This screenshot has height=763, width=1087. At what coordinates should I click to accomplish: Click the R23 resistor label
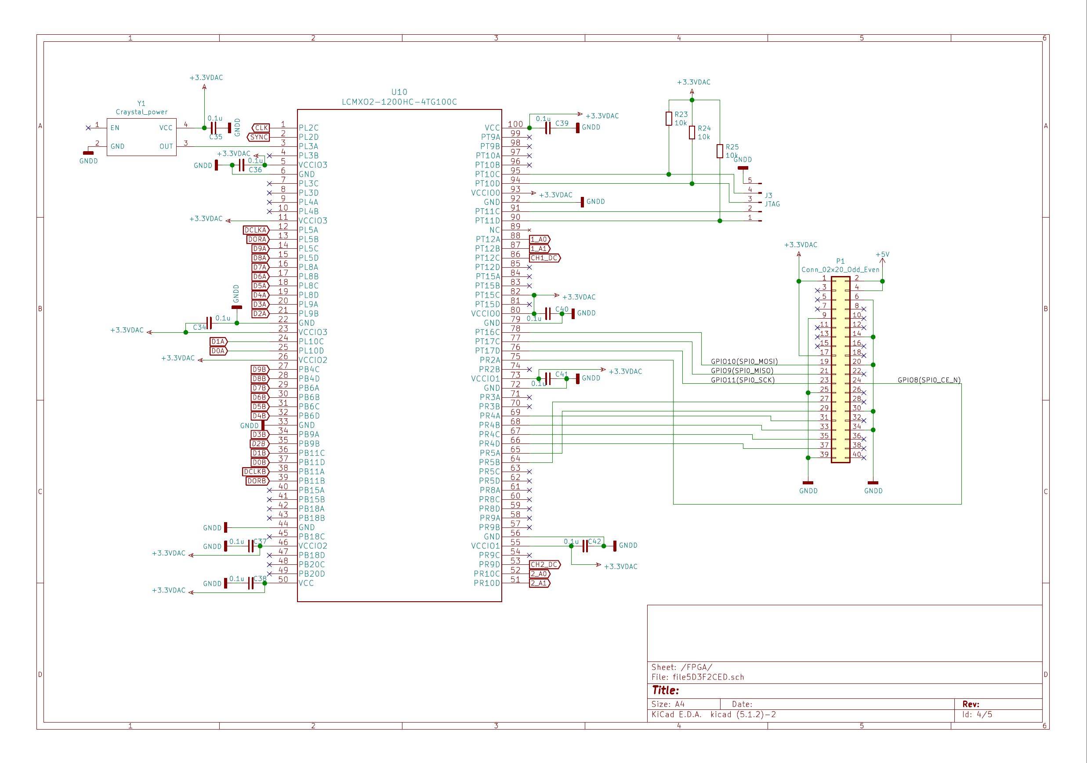tap(681, 115)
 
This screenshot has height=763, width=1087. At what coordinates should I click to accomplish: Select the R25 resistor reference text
tap(732, 147)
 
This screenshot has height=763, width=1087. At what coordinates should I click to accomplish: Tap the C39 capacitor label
tap(562, 123)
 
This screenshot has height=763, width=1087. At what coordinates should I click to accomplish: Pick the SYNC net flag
tap(258, 138)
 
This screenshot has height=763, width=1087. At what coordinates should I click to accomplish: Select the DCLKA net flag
tap(256, 230)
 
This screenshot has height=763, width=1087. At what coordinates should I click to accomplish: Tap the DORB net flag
tap(257, 481)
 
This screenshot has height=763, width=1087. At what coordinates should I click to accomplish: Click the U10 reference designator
tap(399, 92)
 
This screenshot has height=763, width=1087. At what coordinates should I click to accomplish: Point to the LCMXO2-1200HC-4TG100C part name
tap(399, 102)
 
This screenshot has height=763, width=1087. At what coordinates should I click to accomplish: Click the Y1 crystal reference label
tap(141, 103)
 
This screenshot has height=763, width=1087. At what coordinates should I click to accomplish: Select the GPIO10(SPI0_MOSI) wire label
tap(744, 361)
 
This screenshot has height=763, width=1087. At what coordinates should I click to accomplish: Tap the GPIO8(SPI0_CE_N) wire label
tap(929, 380)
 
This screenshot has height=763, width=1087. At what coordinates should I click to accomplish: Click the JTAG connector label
tap(772, 203)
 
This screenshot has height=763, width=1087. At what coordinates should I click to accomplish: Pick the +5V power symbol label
tap(882, 254)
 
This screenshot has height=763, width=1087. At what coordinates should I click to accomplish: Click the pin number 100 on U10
tap(515, 124)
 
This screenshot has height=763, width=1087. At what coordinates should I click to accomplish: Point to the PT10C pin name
tap(487, 174)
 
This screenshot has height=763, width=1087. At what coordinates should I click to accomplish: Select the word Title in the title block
tap(665, 690)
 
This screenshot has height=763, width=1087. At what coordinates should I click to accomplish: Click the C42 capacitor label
tap(594, 541)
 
